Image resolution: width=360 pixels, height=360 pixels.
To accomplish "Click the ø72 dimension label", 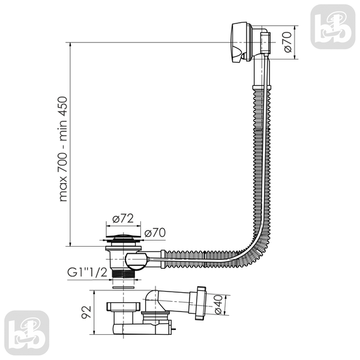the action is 123,218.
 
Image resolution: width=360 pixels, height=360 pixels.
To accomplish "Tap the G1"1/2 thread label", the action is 87,272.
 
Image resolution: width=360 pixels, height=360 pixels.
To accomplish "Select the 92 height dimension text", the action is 86,312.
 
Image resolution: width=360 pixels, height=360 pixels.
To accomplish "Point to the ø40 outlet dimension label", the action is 218,304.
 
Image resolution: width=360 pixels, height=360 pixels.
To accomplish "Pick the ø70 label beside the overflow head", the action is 287,42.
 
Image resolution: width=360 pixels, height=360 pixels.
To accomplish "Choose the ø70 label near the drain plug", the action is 155,233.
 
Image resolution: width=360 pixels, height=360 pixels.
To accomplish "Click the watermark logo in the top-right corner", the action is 332,26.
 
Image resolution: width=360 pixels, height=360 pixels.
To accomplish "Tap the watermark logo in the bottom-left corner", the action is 26,333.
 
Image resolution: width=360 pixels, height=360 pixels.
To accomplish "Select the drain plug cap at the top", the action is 123,236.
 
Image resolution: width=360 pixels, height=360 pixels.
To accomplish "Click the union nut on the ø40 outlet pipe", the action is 200,302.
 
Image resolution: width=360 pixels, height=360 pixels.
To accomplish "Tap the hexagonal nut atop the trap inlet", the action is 123,307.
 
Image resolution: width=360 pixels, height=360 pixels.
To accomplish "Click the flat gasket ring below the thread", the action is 123,287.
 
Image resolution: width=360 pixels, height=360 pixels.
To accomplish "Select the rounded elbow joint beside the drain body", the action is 136,261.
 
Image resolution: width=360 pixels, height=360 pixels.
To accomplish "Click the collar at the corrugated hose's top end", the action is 262,88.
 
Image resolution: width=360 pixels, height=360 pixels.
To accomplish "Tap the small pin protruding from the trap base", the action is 174,329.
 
